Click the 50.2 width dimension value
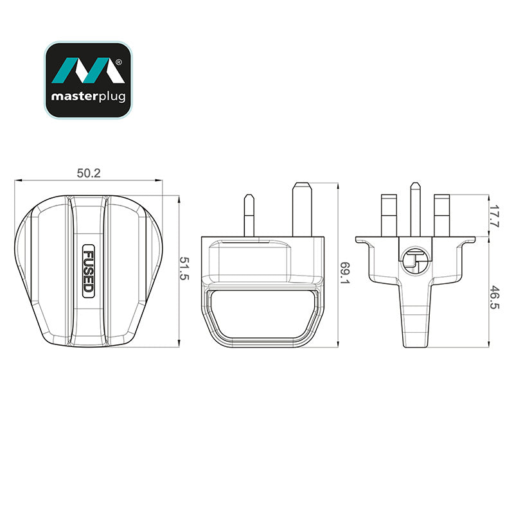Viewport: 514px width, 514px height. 89,173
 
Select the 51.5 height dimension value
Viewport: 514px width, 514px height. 184,269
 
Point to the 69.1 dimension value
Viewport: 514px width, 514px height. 344,272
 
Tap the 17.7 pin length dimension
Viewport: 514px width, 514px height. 494,216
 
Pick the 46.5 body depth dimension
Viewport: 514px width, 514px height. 494,297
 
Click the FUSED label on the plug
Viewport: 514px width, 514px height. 89,271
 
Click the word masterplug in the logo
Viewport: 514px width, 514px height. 88,97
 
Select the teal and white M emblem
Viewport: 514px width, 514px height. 88,70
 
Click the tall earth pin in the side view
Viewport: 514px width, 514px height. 302,209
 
